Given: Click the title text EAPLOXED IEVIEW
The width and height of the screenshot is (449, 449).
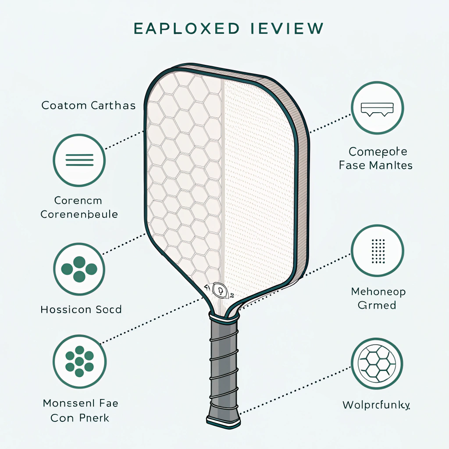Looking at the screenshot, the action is (x=228, y=29).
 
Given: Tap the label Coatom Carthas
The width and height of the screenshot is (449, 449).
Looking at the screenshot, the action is (x=88, y=106).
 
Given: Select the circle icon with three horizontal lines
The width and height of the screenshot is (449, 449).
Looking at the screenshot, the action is (x=79, y=160).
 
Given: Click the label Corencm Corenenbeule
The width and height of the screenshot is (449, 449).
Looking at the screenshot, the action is (x=79, y=208).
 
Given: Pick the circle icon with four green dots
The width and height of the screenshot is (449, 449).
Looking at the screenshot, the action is (x=79, y=268).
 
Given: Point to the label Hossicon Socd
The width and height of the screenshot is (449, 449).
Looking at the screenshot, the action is (x=81, y=310).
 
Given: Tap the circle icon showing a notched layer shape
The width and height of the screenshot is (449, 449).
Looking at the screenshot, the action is (x=378, y=108).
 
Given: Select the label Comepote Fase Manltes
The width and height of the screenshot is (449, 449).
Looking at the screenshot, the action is (x=376, y=158).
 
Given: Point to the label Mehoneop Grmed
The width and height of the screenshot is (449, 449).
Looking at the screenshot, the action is (x=378, y=298).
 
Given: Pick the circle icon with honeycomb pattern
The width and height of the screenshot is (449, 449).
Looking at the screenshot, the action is (x=378, y=363).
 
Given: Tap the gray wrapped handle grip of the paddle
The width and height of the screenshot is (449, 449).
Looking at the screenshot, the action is (x=224, y=364).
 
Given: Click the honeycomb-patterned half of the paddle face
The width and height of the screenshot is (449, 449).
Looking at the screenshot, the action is (x=184, y=175).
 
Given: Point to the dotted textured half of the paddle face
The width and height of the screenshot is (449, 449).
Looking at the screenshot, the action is (x=259, y=175).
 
